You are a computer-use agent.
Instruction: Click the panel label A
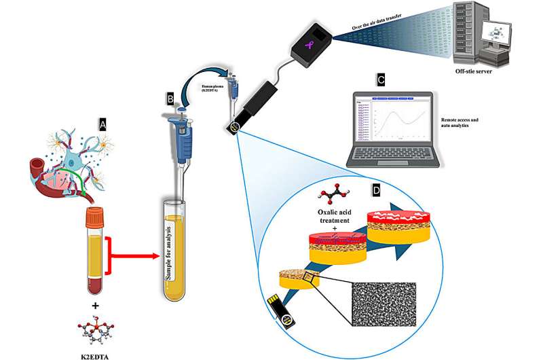102,124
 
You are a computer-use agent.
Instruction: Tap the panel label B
170,100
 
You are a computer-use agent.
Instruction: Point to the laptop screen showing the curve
396,122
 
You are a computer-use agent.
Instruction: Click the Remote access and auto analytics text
474,123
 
